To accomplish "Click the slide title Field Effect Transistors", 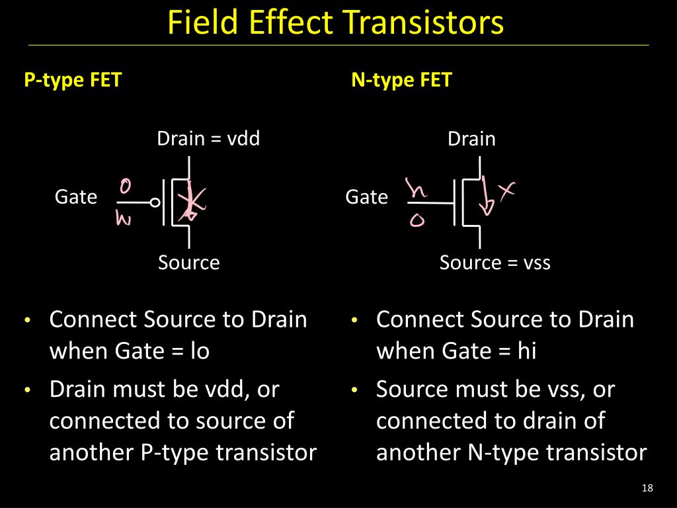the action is [x=335, y=22].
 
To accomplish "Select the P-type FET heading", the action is [x=73, y=81].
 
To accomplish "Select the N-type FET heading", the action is [x=401, y=81].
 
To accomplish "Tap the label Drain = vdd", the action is [x=208, y=139].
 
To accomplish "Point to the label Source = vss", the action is [x=495, y=263].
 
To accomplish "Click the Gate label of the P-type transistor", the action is [x=75, y=197].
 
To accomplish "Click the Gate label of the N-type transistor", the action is [x=366, y=197].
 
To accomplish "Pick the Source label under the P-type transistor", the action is [x=188, y=263].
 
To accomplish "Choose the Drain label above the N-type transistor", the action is [x=471, y=139].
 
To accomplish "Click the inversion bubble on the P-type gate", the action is [x=155, y=203].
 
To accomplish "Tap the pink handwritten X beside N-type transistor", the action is [x=506, y=191].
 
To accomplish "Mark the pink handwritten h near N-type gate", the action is [x=417, y=190].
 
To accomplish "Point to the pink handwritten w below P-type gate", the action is [x=124, y=219].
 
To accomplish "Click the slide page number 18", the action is [x=647, y=489].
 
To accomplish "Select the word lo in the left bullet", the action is [x=199, y=351].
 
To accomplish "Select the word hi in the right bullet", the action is [x=526, y=351].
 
